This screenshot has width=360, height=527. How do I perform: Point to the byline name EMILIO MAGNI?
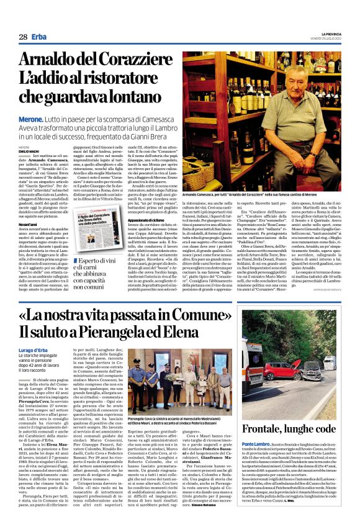click(x=29, y=151)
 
